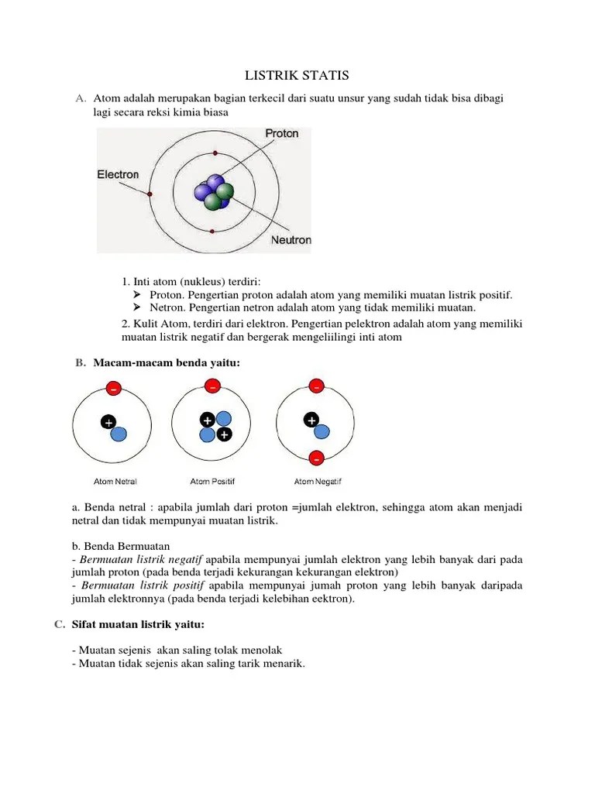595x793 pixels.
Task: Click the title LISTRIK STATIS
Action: (297, 75)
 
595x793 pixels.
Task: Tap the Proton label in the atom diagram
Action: (281, 133)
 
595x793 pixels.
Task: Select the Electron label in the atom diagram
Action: (118, 174)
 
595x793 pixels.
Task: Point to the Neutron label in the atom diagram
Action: (291, 240)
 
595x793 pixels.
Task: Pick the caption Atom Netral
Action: (115, 481)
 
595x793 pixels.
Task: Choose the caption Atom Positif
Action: (212, 481)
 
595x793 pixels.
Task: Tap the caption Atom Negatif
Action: (316, 481)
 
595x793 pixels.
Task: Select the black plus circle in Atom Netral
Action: (108, 423)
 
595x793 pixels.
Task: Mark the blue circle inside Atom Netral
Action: (119, 434)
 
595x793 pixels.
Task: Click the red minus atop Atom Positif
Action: (212, 386)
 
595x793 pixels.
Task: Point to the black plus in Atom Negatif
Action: (311, 421)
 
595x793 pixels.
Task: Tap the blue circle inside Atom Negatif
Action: (322, 432)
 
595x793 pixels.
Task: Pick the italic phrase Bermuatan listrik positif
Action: (143, 585)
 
